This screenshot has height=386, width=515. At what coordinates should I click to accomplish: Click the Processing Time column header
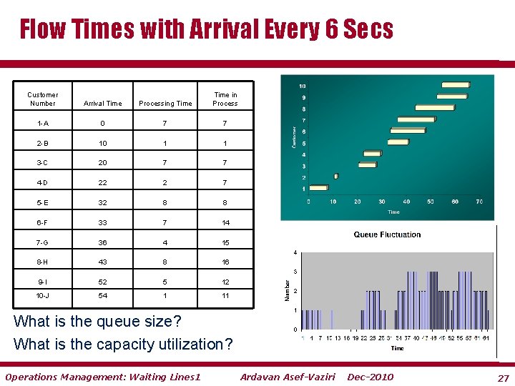pos(165,104)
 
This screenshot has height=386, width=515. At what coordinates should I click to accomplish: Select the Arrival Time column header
pos(103,104)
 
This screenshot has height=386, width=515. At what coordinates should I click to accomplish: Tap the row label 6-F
pos(43,222)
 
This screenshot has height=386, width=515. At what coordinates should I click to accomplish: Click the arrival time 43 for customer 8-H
pos(103,262)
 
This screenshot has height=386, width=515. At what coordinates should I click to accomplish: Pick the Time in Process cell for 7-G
pos(225,242)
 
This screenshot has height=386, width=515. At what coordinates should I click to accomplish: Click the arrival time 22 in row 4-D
pos(103,183)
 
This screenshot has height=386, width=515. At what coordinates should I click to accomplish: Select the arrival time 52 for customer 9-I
pos(103,282)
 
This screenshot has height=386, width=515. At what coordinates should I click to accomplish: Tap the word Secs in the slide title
pos(368,29)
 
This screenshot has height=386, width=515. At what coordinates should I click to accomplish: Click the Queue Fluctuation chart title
pos(387,234)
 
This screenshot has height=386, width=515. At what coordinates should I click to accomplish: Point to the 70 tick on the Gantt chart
pos(479,202)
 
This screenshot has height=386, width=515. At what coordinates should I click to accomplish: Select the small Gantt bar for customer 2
pos(336,176)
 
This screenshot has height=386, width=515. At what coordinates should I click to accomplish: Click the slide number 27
pos(503,377)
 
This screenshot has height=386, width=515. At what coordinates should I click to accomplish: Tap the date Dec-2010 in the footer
pos(370,377)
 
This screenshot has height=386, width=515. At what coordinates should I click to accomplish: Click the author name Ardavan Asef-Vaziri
pos(288,377)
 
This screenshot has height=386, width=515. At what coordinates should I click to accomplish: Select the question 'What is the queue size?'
pos(97,321)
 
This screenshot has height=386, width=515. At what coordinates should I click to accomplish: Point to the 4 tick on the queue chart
pos(295,252)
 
